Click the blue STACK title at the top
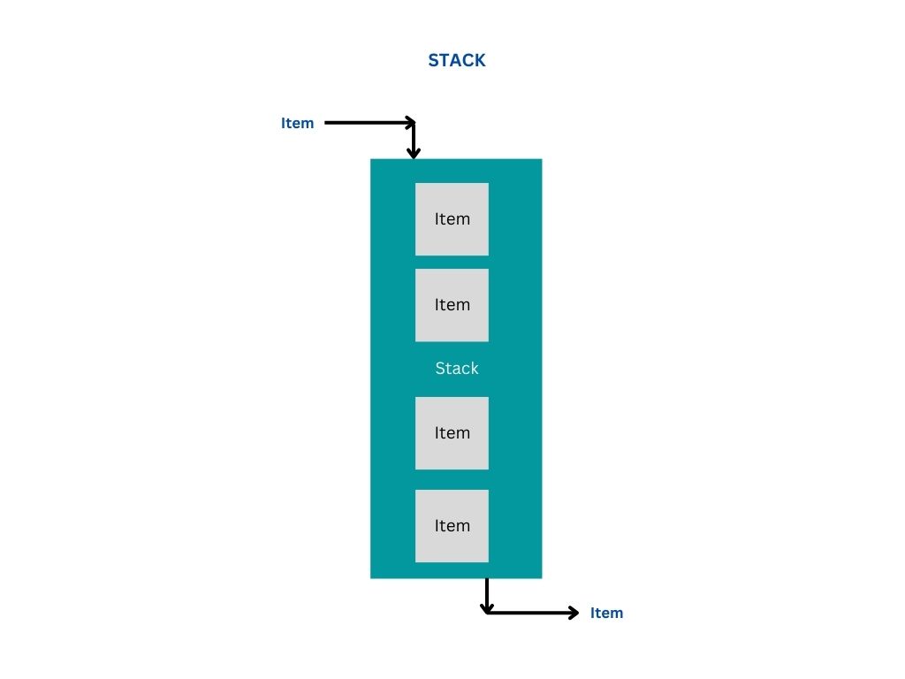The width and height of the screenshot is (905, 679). [x=457, y=60]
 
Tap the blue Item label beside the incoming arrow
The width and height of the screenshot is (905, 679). [x=297, y=123]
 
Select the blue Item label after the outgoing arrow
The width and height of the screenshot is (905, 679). [x=606, y=613]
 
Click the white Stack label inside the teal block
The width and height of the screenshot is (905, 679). [x=456, y=368]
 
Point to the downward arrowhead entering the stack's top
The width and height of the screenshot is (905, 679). [x=413, y=153]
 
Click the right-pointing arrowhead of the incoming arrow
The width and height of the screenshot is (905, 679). [x=409, y=123]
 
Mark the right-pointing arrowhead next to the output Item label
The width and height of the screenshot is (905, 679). [x=574, y=612]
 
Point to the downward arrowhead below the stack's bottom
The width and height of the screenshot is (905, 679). [x=486, y=607]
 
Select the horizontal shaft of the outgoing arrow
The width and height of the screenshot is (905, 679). [x=530, y=612]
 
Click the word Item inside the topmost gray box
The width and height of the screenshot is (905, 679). [x=452, y=219]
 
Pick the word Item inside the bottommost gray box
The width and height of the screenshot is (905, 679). [x=452, y=526]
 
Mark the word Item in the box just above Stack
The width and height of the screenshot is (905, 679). [x=452, y=305]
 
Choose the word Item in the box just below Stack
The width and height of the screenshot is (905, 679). [x=452, y=433]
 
